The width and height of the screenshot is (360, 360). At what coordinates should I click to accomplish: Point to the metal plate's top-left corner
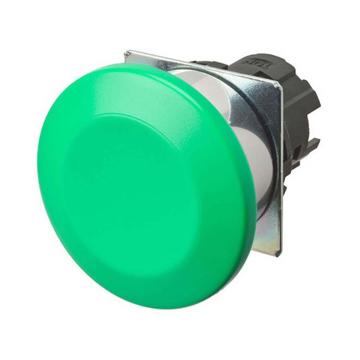tap(126, 53)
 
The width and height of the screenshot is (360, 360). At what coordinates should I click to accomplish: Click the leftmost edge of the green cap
tap(38, 166)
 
